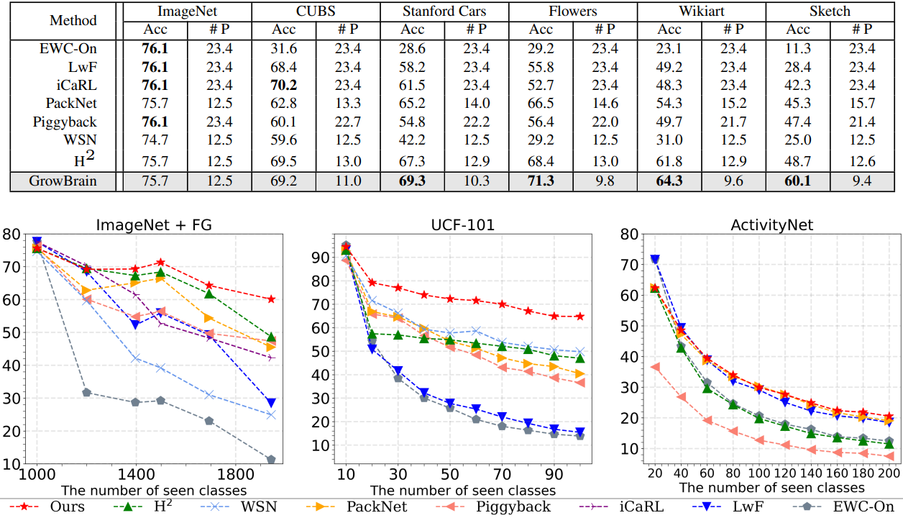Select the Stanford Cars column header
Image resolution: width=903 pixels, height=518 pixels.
444,11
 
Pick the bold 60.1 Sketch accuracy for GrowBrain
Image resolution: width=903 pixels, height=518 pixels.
797,181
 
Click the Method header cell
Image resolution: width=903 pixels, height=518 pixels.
73,20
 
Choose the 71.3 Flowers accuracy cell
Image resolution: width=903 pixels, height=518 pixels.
541,181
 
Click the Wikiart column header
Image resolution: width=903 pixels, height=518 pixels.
701,11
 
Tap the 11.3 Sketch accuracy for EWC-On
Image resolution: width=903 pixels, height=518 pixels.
797,48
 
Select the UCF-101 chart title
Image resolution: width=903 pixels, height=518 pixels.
453,225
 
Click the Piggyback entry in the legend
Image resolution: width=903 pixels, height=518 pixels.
514,506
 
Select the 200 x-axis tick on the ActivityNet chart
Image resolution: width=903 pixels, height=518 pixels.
889,475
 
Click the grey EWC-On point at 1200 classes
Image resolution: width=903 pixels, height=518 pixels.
86,392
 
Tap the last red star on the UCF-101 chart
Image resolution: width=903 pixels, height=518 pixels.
580,317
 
